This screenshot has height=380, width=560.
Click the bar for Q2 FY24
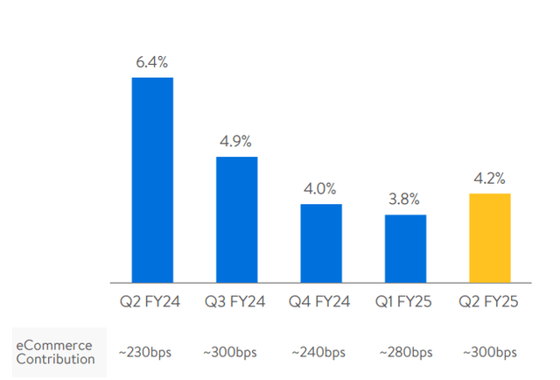coord(152,179)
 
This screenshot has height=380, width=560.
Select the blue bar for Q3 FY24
coord(236,219)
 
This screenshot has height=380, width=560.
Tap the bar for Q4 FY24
coord(321,243)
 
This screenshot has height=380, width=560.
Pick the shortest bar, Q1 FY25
coord(405,249)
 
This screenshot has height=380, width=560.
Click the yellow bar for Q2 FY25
coord(490,237)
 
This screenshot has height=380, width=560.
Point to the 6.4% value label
coord(152,63)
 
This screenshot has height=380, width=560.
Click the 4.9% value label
coord(236,141)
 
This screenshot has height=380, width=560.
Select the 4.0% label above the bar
coord(321,188)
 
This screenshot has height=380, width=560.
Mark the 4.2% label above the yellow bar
coord(490,179)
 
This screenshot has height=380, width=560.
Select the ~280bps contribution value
coord(405,352)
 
